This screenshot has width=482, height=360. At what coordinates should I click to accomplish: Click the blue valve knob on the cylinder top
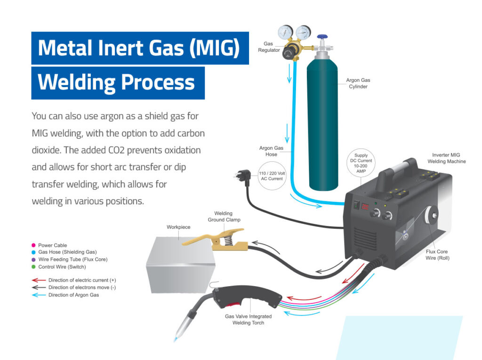[x=323, y=36]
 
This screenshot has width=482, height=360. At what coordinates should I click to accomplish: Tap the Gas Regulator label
[x=269, y=47]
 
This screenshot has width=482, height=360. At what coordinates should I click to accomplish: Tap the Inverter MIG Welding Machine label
[x=446, y=158]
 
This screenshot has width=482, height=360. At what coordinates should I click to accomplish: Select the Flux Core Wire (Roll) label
[x=437, y=255]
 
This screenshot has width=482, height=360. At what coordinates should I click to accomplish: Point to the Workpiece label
[x=178, y=227]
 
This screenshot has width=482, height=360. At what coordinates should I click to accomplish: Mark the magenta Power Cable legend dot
[x=33, y=245]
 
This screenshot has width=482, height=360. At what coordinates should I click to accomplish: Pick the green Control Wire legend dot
[x=33, y=267]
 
